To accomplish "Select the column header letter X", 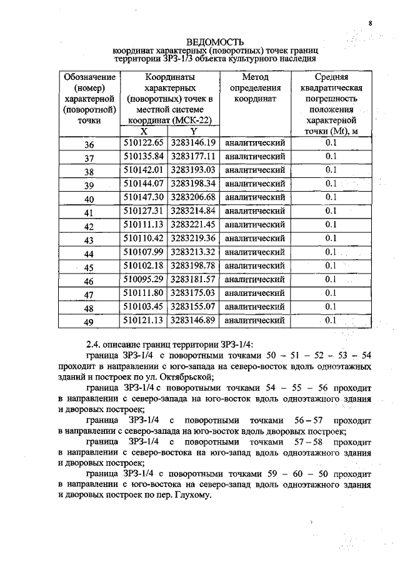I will (143, 131).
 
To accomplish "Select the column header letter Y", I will (193, 131).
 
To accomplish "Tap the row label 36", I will (89, 145).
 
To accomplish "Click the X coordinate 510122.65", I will (143, 143).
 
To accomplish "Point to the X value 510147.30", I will (143, 197).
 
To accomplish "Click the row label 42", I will (89, 227).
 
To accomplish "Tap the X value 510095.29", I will (143, 279).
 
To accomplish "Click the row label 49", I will (89, 322).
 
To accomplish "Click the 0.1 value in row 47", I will (331, 293).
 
